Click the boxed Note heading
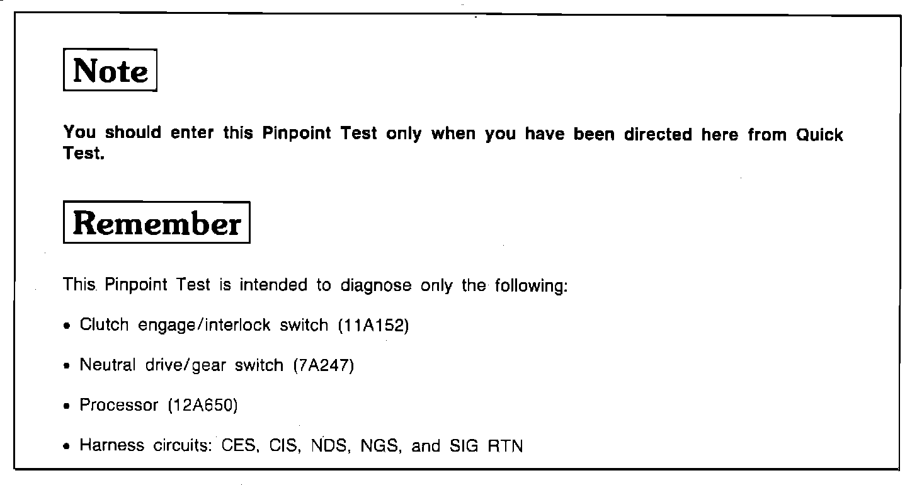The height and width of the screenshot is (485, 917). point(110,71)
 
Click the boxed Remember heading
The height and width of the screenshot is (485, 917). point(157,223)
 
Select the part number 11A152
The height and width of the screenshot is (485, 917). point(373,326)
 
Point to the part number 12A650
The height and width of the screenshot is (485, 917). point(202,406)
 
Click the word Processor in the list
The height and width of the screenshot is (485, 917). point(118,406)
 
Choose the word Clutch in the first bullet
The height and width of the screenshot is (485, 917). point(104,326)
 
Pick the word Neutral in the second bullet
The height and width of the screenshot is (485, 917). point(107,365)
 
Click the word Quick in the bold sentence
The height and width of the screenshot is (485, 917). point(819,135)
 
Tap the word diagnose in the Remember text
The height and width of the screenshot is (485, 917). point(375,285)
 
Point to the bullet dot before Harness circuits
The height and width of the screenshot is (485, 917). point(67,447)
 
